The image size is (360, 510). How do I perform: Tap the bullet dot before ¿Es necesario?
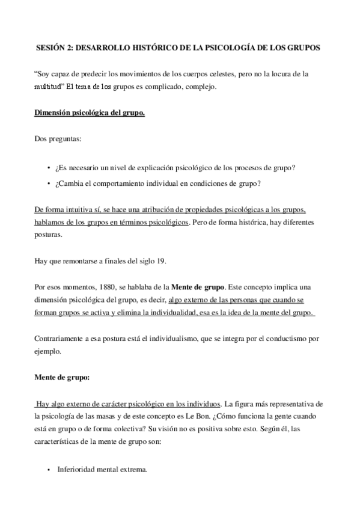point(48,167)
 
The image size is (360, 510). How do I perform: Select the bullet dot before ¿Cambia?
point(48,183)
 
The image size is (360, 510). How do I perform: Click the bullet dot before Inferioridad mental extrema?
point(48,469)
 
